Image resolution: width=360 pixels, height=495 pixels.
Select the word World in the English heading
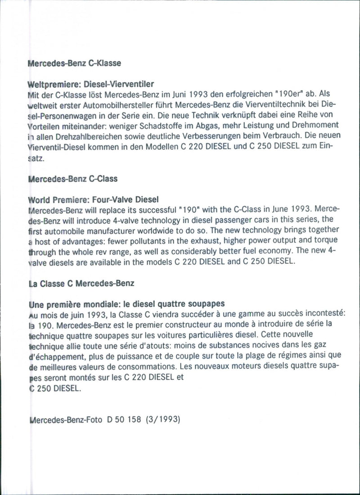pyautogui.click(x=40, y=199)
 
